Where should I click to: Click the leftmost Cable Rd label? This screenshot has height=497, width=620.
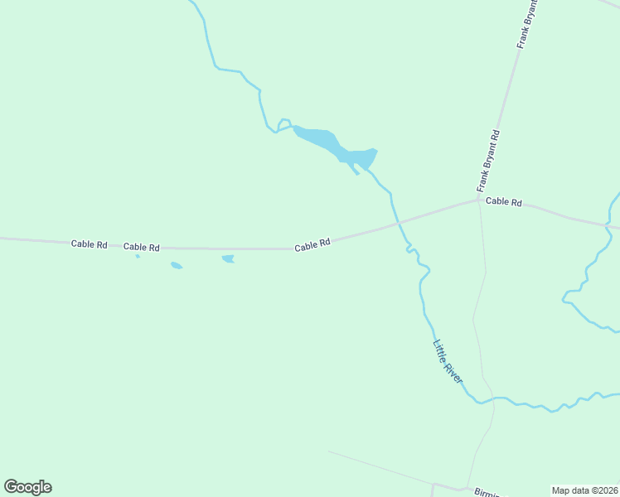(x=90, y=244)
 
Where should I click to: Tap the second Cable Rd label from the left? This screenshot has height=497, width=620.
(x=141, y=247)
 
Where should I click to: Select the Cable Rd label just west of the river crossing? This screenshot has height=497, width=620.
(x=312, y=244)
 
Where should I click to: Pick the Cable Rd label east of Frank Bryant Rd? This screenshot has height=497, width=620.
(x=504, y=201)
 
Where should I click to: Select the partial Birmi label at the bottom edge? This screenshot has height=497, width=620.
(x=486, y=492)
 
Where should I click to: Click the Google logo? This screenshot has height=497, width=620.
(x=28, y=487)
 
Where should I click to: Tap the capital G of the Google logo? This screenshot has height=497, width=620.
(x=11, y=486)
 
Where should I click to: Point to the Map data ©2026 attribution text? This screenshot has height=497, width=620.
(x=584, y=490)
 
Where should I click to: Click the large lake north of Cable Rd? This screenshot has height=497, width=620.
(x=332, y=146)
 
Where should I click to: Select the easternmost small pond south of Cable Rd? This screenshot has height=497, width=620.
(x=228, y=259)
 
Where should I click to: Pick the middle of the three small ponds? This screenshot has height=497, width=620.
(x=176, y=266)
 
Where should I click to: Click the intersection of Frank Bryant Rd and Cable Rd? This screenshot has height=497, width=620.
(x=478, y=198)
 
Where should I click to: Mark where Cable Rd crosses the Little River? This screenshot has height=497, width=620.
(x=397, y=223)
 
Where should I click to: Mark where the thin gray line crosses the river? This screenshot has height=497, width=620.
(x=494, y=398)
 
